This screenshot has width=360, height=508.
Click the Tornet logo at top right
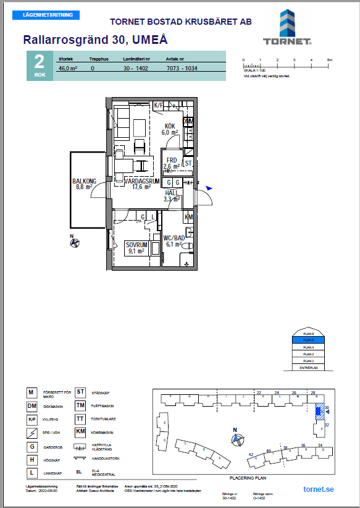click(287, 29)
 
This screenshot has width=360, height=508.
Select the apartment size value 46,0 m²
click(67, 69)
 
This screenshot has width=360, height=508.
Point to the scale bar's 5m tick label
click(330, 60)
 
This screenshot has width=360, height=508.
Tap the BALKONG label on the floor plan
click(84, 182)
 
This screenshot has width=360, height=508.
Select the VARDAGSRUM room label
click(141, 182)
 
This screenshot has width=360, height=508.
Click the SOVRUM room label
click(135, 244)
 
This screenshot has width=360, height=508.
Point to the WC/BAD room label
click(174, 238)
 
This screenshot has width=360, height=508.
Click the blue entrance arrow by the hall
click(209, 188)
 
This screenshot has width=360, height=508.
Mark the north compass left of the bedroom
click(75, 243)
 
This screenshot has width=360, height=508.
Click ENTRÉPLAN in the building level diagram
click(309, 367)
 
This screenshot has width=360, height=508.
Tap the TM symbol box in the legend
click(80, 405)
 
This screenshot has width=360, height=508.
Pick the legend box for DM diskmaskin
click(31, 405)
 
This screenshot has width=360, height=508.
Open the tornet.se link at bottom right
click(319, 489)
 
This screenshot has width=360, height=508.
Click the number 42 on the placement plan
click(251, 454)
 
